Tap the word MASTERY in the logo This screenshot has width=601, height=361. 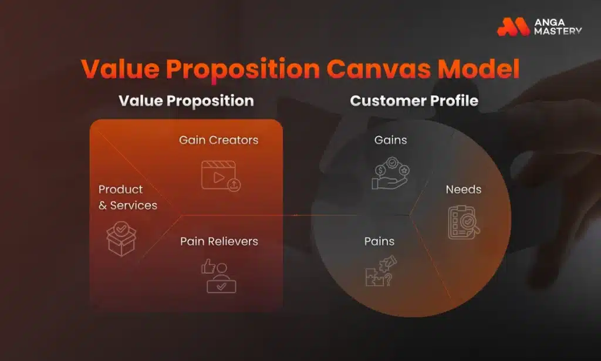click(558, 31)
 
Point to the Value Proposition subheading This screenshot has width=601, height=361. click(186, 100)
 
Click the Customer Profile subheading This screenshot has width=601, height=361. click(414, 100)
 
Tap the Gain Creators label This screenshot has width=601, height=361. click(218, 140)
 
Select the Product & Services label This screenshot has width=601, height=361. click(127, 197)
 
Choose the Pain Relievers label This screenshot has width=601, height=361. click(219, 241)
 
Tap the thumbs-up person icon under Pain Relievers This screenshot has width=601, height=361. click(218, 275)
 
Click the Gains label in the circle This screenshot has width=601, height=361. click(391, 140)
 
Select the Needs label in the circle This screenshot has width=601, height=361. click(463, 190)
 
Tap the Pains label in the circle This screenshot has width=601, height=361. click(379, 241)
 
